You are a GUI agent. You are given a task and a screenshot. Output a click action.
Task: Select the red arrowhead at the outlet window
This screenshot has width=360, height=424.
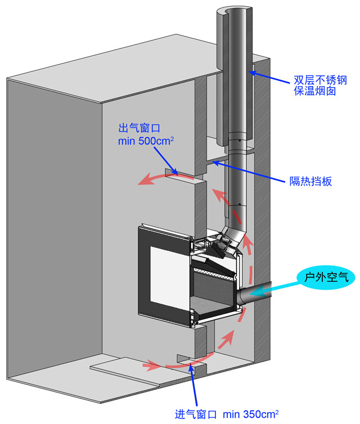coord(147,181)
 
